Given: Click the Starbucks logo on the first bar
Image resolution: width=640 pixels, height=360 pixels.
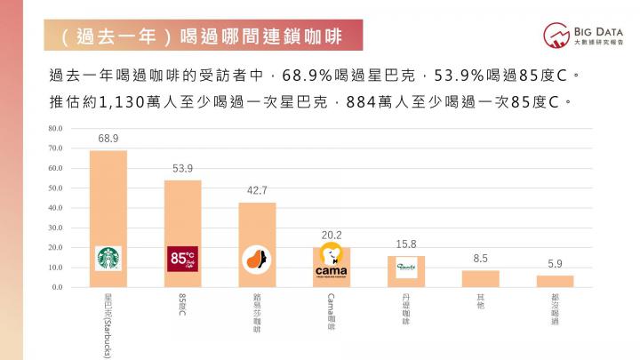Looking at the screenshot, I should [108, 259].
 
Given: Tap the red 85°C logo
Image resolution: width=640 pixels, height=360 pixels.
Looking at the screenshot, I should [182, 259].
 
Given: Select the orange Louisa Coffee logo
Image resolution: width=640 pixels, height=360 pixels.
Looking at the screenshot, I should [257, 259].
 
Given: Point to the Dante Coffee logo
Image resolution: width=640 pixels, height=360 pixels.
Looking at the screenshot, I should [405, 266].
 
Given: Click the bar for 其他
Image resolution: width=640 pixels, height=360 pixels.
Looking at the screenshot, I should [480, 278].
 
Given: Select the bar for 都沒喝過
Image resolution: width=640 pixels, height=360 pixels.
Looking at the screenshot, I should [555, 281].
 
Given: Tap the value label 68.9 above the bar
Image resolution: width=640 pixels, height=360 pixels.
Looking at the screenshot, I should [108, 139].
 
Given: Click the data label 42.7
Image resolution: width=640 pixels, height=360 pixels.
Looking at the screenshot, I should [257, 191].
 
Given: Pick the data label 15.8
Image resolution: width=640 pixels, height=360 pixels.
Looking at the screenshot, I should [405, 244].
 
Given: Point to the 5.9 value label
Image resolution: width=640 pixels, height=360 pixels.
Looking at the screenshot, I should [555, 264].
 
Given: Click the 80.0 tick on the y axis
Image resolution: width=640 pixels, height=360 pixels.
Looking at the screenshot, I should [55, 128].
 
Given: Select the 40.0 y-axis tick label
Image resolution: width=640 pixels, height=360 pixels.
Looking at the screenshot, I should [55, 208].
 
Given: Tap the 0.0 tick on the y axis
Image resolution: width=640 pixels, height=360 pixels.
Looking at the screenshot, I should [57, 287].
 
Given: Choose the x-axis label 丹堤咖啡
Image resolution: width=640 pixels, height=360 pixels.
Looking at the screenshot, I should [405, 308].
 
